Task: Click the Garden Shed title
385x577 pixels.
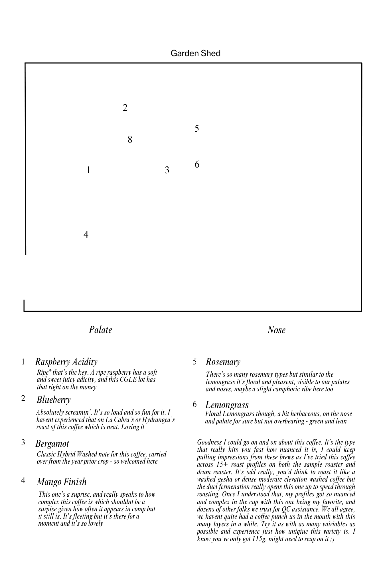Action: [x=195, y=53]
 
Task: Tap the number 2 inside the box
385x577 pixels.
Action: [x=125, y=108]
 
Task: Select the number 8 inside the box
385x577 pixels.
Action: [x=130, y=140]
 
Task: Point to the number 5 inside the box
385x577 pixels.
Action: [x=197, y=129]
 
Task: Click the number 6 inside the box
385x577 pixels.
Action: [x=197, y=164]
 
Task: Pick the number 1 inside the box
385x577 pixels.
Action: [x=88, y=170]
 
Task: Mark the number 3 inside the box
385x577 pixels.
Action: [x=167, y=170]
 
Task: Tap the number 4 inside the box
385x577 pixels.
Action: [x=86, y=235]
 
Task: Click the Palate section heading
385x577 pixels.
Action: [x=100, y=330]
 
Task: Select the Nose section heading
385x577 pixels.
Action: [x=276, y=330]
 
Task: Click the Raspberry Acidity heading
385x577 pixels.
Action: [x=66, y=362]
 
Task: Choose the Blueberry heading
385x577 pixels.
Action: [x=54, y=399]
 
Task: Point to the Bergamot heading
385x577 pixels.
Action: [x=52, y=444]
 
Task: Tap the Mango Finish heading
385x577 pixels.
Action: [x=62, y=482]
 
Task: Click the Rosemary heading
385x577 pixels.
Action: [x=223, y=362]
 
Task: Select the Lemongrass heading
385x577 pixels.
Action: [x=227, y=405]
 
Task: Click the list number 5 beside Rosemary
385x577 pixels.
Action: [x=195, y=362]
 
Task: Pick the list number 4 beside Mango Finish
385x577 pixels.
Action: [x=23, y=480]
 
